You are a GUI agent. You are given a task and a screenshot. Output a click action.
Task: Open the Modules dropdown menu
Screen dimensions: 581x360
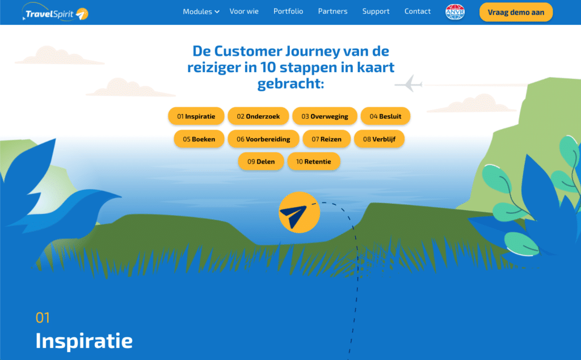[x=201, y=11]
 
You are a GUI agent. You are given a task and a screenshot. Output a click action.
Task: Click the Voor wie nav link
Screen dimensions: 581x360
[x=244, y=11]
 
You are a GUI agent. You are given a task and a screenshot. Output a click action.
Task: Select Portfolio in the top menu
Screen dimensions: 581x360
[x=288, y=11]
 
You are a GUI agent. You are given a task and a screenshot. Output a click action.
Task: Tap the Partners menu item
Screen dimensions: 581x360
[x=332, y=11]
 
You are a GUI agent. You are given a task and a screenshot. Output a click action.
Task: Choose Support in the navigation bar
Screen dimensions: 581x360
[x=376, y=11]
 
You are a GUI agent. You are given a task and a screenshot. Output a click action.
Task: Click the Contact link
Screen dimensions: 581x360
[x=418, y=11]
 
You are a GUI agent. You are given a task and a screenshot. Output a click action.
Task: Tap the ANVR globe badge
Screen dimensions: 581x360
[x=454, y=12]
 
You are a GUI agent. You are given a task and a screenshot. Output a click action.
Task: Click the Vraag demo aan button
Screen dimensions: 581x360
[x=516, y=12]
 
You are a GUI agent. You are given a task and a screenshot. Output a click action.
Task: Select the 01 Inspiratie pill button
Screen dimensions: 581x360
[x=196, y=116]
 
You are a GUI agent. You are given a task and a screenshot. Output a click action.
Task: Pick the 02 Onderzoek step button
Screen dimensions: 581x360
[x=258, y=116]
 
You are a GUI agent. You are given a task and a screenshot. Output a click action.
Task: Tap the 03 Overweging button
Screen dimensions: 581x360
[x=325, y=116]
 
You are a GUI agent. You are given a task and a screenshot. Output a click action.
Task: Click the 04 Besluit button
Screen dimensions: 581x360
[x=385, y=116]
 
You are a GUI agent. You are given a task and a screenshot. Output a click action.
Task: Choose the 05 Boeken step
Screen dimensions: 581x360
[x=199, y=139]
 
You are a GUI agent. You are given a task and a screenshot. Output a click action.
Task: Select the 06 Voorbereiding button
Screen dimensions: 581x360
[x=263, y=139]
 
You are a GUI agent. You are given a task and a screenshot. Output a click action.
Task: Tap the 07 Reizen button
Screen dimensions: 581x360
[x=326, y=139]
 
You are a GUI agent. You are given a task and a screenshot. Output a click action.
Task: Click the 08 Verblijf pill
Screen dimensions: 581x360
[x=379, y=139]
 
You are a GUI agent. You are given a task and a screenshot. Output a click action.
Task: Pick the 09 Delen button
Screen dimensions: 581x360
[x=261, y=162]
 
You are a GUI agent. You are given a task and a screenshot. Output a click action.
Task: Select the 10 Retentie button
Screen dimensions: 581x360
[x=313, y=162]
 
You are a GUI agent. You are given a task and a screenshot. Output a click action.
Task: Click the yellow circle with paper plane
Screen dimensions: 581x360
[x=299, y=212]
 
